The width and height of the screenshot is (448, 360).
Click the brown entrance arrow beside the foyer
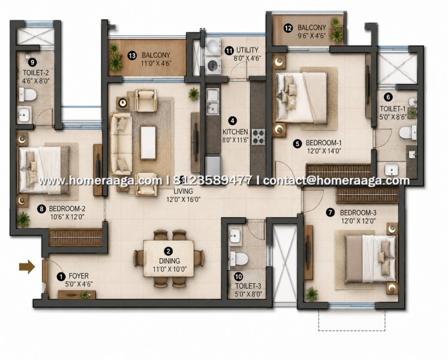coord(27,267)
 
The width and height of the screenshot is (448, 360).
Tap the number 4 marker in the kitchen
coord(233,121)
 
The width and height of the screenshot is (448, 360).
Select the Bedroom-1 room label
coord(323,143)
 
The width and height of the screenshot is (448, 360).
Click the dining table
coord(169,259)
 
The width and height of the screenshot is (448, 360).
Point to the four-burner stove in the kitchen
coord(258,137)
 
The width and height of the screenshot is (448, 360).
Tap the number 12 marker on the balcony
coord(288,28)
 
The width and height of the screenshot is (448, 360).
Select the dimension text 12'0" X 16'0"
coord(183,199)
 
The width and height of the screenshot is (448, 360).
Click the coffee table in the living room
coord(148,143)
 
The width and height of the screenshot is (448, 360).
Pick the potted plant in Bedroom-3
coord(312,294)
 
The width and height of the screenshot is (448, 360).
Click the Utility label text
coord(247,50)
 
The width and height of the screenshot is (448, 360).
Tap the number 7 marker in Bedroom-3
coord(330,212)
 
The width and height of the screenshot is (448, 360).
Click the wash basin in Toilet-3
coord(235,236)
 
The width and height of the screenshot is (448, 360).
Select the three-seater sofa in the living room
coord(121,144)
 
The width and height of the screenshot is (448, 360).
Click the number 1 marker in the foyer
coord(61,277)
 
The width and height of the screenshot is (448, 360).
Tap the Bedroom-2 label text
coord(67,209)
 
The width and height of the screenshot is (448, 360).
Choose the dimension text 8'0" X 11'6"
coord(235,140)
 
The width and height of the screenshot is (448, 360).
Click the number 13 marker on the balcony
coord(132,55)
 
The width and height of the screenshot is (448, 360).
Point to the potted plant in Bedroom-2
coord(23,220)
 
